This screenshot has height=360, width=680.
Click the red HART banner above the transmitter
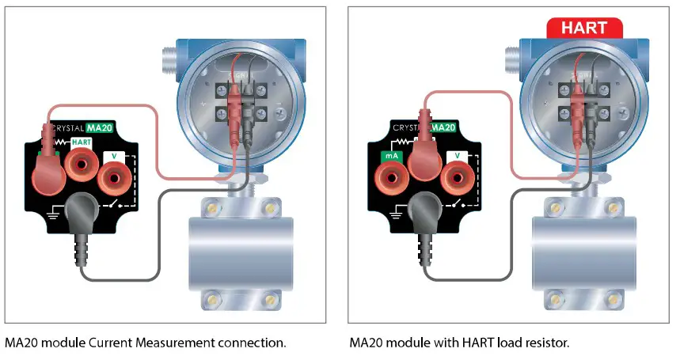(x=584, y=28)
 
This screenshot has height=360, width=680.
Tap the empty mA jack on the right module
(x=389, y=178)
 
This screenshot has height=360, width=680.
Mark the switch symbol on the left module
(x=120, y=204)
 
